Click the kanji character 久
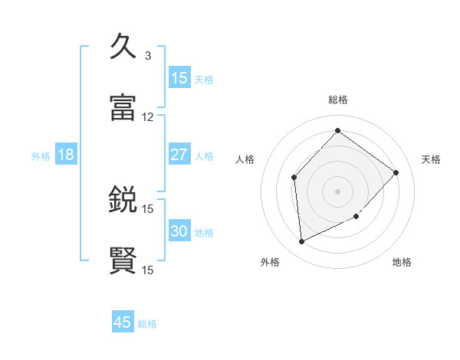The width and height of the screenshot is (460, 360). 123,47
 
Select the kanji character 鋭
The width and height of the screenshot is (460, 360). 123,199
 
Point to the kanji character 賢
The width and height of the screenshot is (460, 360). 123,260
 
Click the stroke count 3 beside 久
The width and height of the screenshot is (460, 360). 148,56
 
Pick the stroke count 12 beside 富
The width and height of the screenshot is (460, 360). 148,117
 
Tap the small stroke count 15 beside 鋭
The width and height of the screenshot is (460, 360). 148,208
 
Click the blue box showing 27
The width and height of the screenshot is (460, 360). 179,155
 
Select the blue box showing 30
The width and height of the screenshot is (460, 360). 179,231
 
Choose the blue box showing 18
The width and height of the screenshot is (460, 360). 65,155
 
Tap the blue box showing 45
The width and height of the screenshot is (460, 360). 123,322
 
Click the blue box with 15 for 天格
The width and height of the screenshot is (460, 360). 179,78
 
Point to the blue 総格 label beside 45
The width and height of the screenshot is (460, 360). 147,324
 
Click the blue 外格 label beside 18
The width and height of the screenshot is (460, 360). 41,156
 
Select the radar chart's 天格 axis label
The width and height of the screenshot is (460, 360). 432,159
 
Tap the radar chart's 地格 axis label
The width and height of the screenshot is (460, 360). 402,262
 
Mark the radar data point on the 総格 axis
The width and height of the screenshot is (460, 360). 337,130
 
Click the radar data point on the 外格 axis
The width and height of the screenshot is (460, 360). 301,242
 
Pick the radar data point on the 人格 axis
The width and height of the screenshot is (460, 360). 294,178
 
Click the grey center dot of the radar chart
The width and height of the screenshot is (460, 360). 337,191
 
